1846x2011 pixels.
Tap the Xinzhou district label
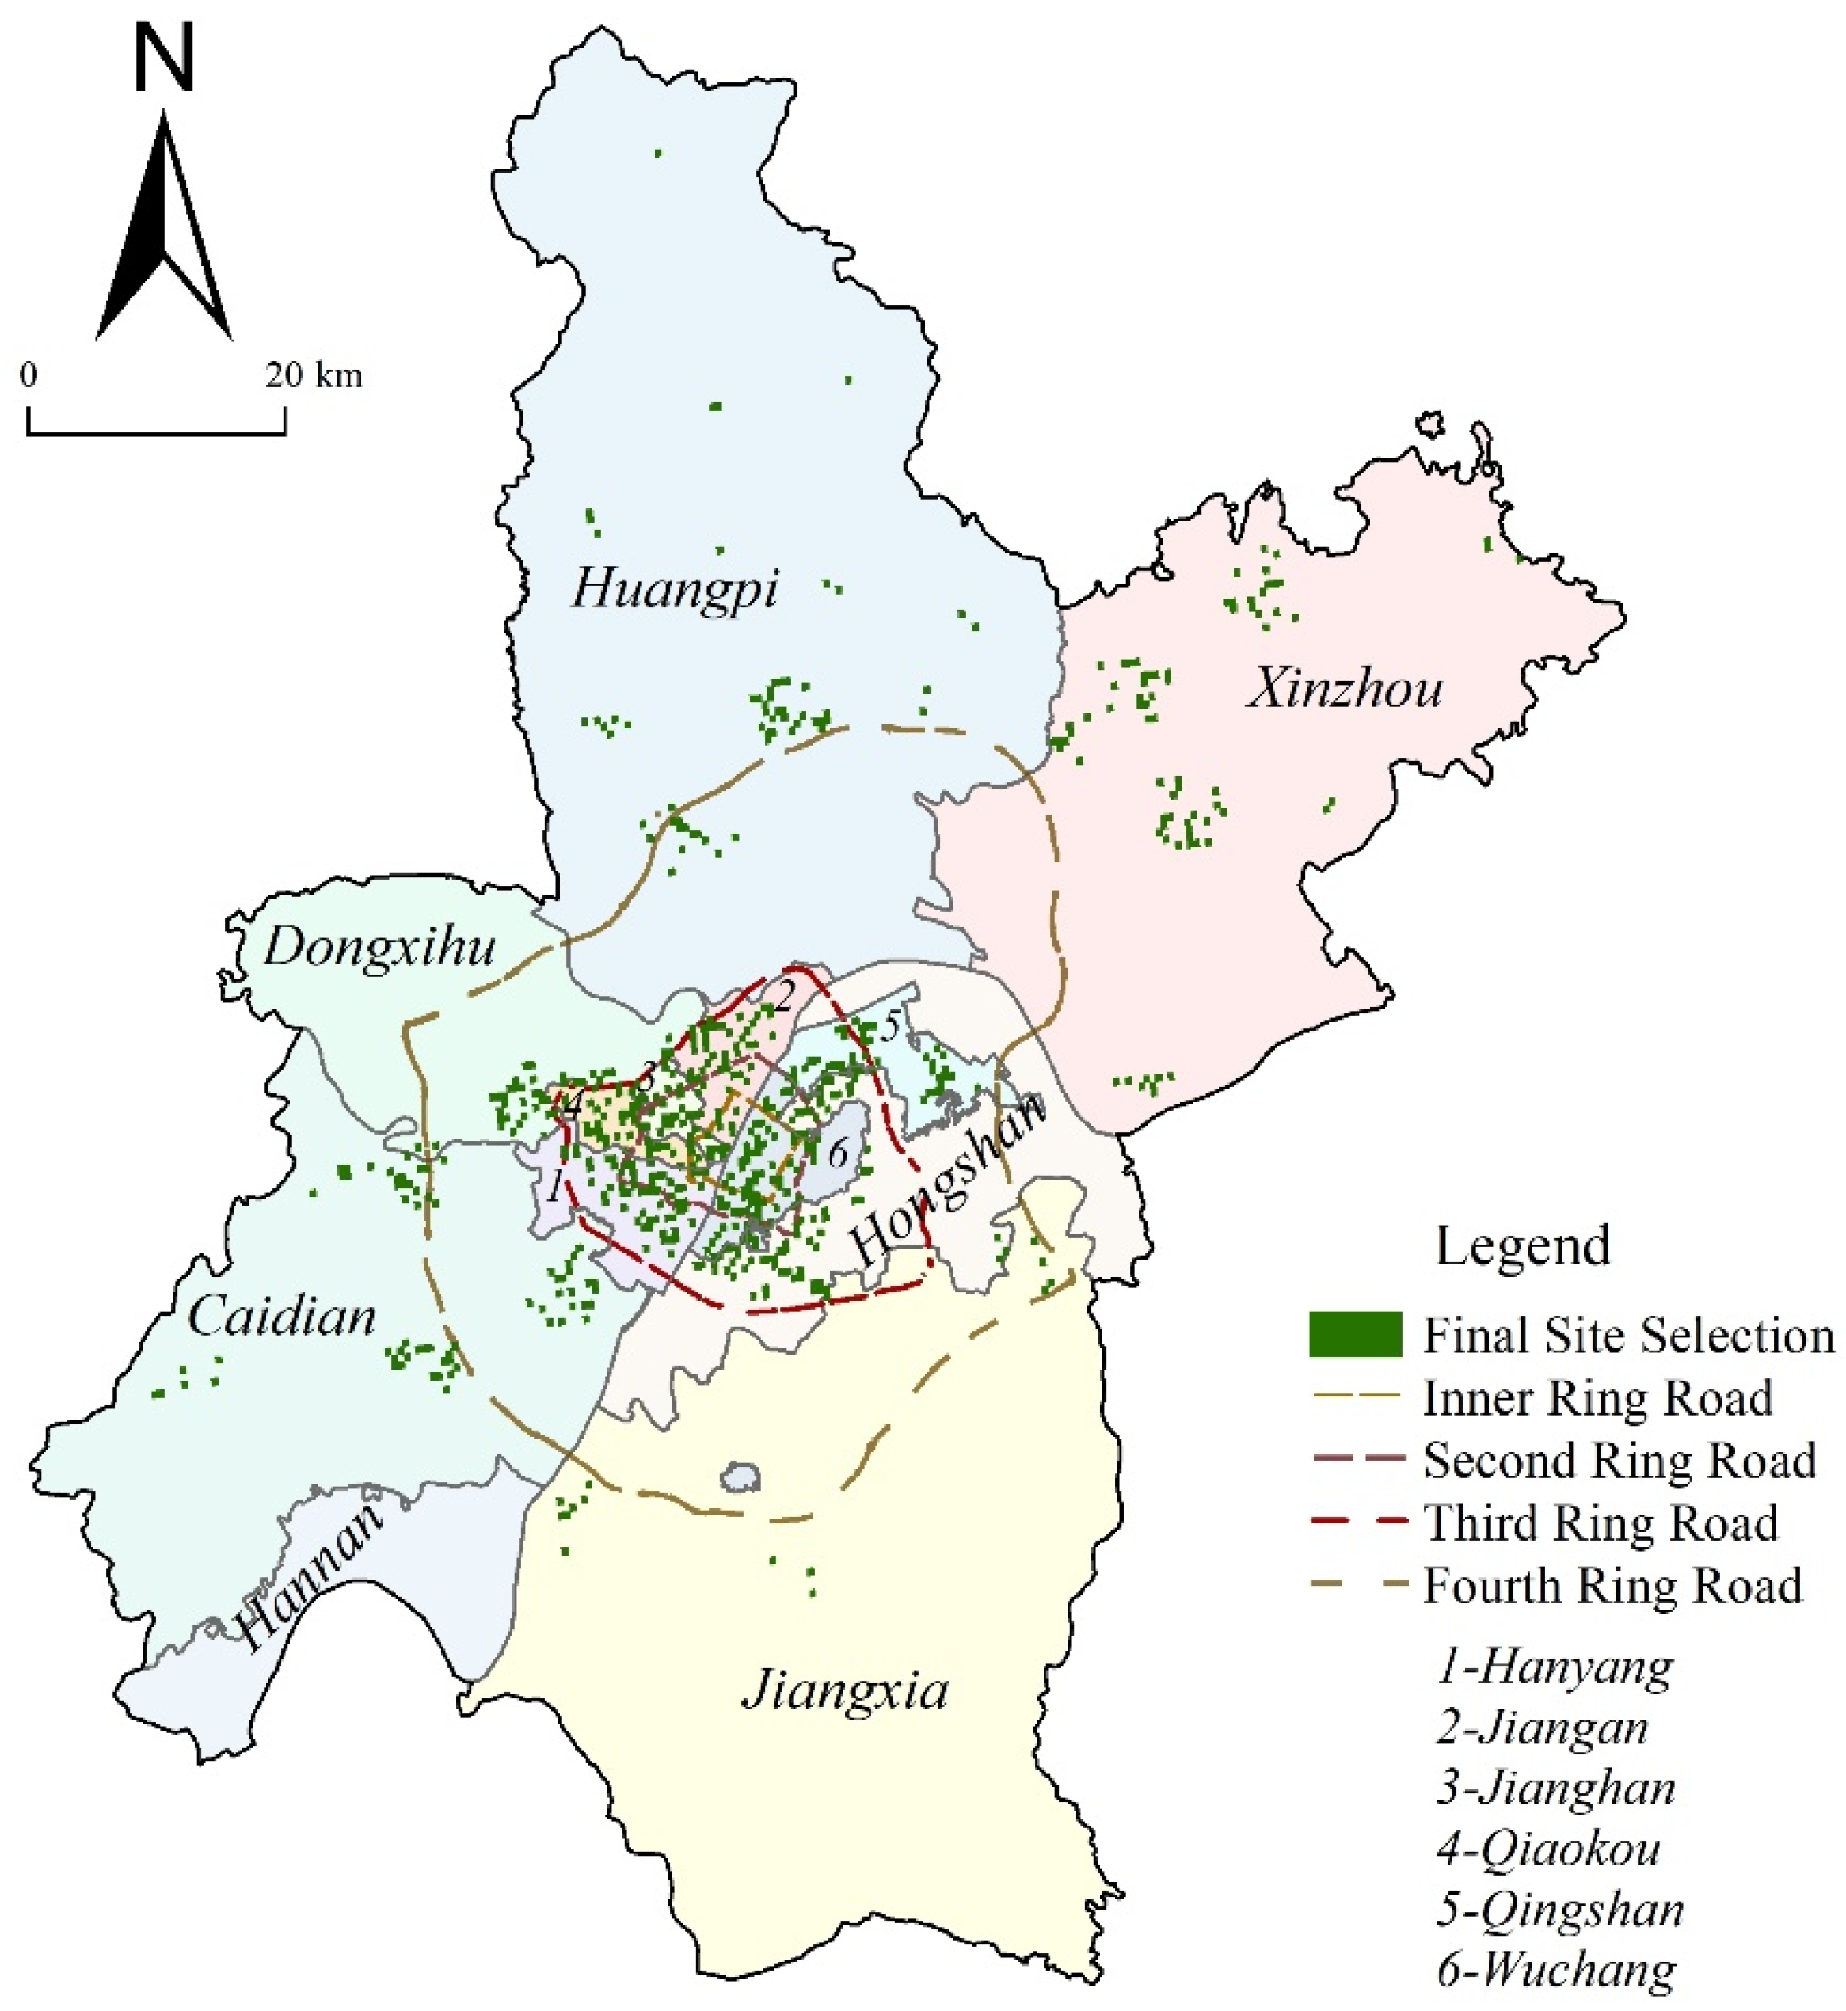[1345, 690]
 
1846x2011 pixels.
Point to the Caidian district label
[283, 1318]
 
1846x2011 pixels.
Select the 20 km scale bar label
[314, 376]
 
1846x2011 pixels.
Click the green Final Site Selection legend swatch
[1354, 1335]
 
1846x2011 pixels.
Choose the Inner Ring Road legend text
[1597, 1398]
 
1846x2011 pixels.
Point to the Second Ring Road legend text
[1618, 1460]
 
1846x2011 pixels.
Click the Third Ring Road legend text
[1601, 1523]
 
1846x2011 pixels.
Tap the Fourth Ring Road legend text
[1612, 1586]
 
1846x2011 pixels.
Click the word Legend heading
[1522, 1246]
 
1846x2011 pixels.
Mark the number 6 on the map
[837, 1154]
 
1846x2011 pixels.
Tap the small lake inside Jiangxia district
[741, 1477]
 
